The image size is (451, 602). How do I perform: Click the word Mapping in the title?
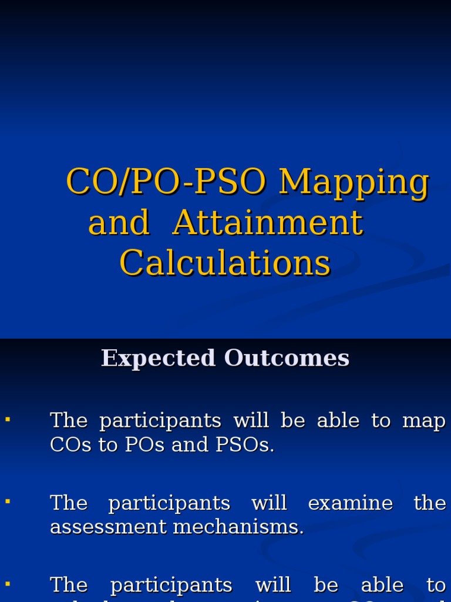click(x=354, y=183)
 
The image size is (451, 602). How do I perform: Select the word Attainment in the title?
click(x=268, y=223)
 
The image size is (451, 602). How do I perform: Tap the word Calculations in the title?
click(x=225, y=263)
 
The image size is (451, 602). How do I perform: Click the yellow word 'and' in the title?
click(x=119, y=223)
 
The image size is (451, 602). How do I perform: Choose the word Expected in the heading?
click(x=158, y=358)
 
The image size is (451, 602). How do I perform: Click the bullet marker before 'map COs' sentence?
click(x=8, y=419)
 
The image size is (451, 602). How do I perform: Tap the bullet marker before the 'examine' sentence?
click(x=8, y=501)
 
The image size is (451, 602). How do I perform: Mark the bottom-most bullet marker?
click(x=8, y=584)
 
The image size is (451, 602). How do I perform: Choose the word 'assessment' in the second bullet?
click(x=109, y=527)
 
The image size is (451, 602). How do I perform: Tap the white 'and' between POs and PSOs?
click(x=183, y=445)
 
